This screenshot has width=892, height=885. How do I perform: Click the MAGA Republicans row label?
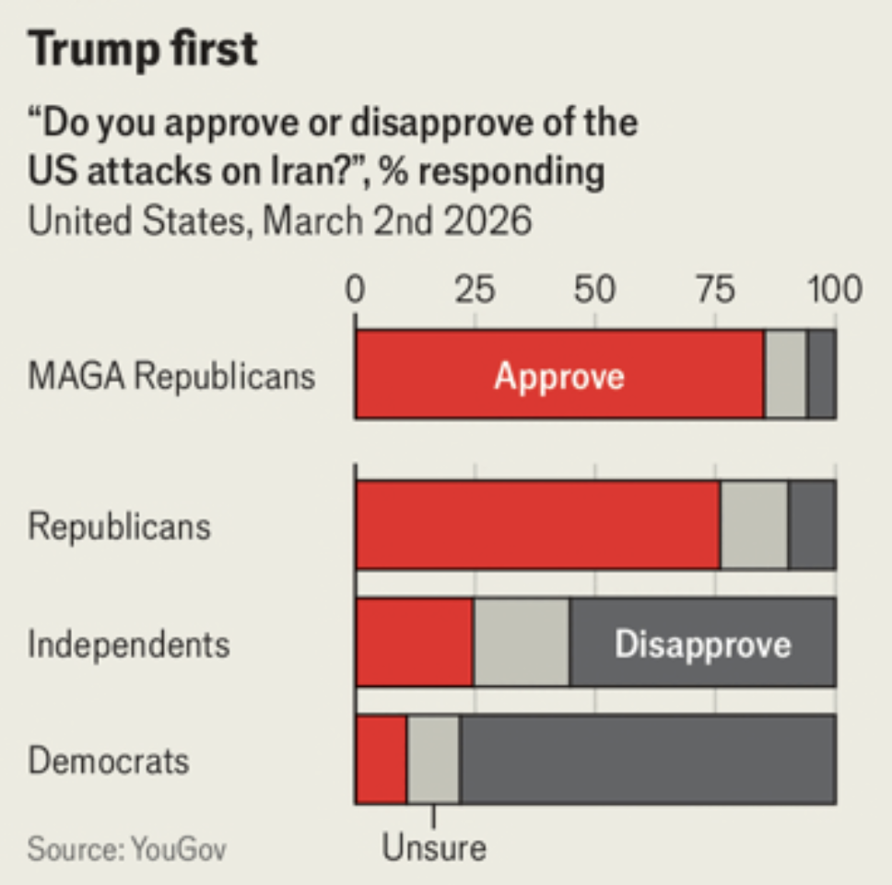point(171,376)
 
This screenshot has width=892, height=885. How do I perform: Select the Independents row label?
point(128,643)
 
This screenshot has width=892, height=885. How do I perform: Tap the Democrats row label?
point(109,761)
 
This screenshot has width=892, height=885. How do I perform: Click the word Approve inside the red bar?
point(559,376)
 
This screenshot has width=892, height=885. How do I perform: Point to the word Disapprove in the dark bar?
point(703,643)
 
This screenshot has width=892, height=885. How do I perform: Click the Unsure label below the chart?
point(434,847)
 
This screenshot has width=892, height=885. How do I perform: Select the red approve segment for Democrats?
point(381,760)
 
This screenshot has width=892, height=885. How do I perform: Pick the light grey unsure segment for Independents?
point(522,643)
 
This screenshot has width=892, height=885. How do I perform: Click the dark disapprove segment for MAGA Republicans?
point(822,375)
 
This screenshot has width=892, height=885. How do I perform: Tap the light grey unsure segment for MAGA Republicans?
point(786,375)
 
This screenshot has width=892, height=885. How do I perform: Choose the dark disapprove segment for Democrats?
point(648,760)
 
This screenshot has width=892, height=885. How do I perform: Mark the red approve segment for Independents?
point(415,643)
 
